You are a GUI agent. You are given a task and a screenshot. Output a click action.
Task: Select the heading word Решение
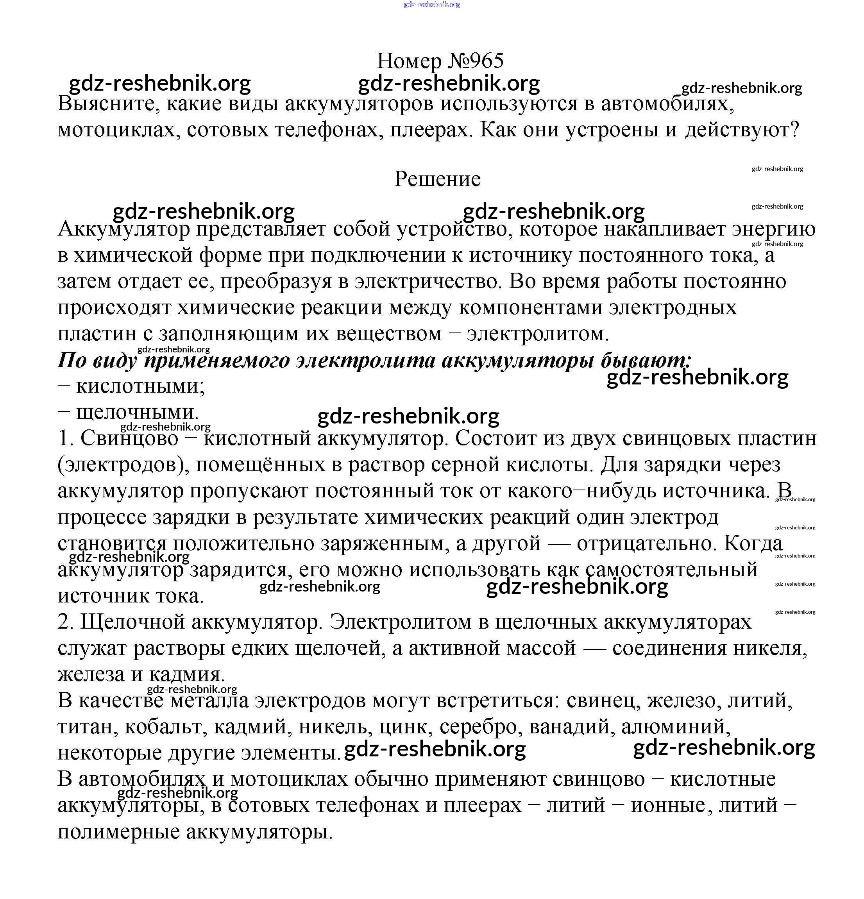437,179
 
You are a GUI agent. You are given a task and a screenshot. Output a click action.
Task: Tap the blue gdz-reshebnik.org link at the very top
431,5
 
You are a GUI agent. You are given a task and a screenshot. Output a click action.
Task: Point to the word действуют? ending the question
742,130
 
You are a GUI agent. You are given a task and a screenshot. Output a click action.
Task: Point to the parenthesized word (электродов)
121,465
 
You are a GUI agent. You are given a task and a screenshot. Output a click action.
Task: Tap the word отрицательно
647,543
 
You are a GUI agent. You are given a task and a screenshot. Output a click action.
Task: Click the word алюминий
676,727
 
